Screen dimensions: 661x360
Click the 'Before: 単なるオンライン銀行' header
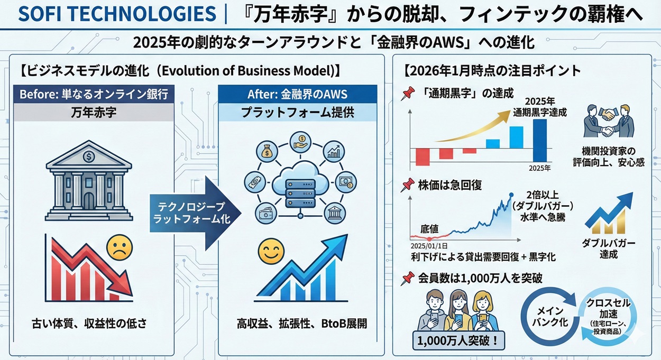tap(94, 95)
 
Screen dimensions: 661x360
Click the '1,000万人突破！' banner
tap(458, 339)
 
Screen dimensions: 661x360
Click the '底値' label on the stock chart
tap(429, 228)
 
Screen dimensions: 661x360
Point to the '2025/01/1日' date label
tap(429, 246)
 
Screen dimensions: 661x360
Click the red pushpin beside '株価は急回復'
tap(407, 185)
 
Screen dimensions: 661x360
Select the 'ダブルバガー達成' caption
tap(609, 248)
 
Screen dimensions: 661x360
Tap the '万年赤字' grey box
tap(94, 113)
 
